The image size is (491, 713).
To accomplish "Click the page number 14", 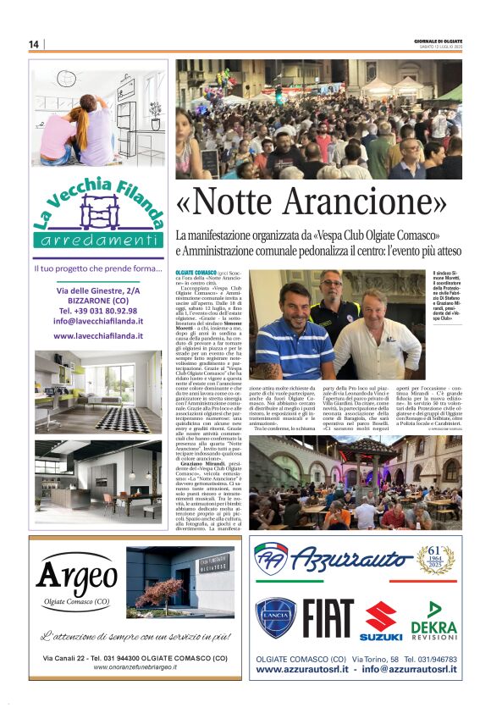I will (x=34, y=44).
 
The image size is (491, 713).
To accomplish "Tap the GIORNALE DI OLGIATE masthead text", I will (x=439, y=41).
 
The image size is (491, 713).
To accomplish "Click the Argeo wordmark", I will (x=77, y=578).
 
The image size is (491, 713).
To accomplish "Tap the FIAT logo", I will (x=326, y=619).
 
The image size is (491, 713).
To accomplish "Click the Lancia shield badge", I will (x=276, y=618).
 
